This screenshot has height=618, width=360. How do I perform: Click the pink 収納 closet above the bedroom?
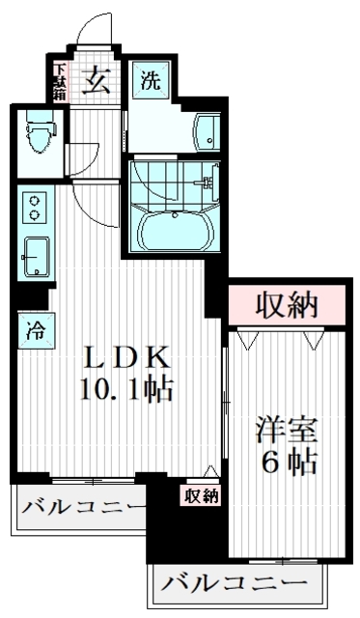coord(286,306)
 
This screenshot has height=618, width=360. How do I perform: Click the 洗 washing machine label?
coord(150,80)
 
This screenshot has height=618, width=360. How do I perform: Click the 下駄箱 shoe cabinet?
coord(61,81)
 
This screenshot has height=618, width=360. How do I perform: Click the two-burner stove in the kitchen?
coord(35,207)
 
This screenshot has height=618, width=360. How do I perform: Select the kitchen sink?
coord(36,252)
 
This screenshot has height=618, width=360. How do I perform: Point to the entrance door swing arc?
coord(94,34)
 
